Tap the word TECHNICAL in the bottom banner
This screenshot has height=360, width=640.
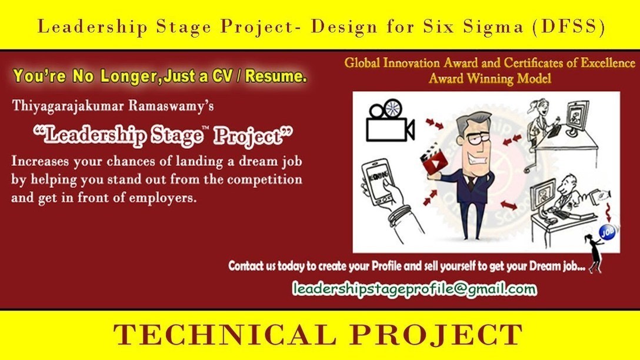click(x=225, y=334)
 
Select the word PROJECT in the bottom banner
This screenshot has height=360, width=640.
click(x=436, y=334)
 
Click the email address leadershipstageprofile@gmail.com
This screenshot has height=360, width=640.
click(x=414, y=289)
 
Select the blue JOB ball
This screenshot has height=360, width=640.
click(x=607, y=232)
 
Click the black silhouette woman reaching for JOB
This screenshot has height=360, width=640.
click(x=594, y=253)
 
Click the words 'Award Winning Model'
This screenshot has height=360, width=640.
click(x=490, y=78)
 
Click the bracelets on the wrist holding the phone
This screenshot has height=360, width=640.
click(x=399, y=215)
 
